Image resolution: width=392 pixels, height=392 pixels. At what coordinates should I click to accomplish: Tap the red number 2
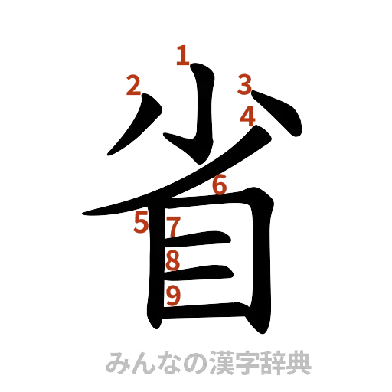click(133, 87)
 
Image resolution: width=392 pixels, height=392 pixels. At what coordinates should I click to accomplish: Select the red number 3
click(243, 83)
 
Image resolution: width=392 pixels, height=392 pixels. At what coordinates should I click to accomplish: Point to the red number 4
click(247, 116)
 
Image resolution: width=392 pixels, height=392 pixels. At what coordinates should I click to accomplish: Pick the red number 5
click(140, 224)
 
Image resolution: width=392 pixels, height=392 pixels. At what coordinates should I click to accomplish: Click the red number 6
click(219, 185)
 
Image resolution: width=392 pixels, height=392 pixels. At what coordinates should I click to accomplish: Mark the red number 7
click(174, 227)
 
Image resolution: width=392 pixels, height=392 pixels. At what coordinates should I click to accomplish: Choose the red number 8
click(173, 260)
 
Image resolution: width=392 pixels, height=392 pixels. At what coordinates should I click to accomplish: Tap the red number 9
click(173, 295)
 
